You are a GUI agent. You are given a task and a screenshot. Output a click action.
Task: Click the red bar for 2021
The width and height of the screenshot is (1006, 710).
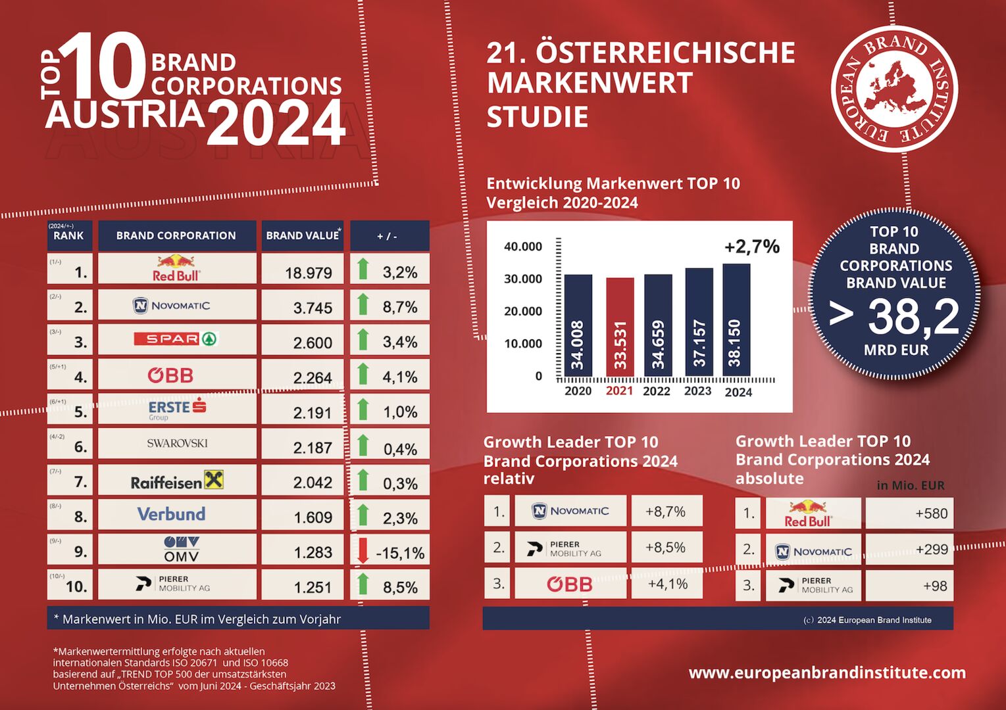620,327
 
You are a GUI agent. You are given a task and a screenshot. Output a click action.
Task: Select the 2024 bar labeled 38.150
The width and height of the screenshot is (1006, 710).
736,320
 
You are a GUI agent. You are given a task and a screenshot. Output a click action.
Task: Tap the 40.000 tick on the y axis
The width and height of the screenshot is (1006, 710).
523,247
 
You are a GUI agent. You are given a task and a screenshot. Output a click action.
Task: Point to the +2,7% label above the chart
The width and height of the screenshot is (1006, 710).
751,247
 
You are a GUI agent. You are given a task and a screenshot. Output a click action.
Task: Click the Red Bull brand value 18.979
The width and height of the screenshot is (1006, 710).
308,273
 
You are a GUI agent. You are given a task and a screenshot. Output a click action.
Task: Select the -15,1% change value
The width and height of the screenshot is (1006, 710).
400,553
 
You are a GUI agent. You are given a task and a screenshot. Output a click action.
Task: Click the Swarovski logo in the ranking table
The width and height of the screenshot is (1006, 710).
177,443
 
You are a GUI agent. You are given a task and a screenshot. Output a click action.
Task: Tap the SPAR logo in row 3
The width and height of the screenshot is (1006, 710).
176,339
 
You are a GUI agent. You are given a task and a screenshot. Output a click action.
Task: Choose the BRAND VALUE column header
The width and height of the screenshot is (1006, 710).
303,235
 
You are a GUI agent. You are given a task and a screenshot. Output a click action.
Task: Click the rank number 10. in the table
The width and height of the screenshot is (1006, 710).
76,586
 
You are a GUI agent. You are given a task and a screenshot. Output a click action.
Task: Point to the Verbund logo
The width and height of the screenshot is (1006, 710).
171,514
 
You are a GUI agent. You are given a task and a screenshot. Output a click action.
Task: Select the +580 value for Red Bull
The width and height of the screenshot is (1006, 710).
931,513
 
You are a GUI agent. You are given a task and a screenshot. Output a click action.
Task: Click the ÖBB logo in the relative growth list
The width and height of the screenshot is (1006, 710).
570,584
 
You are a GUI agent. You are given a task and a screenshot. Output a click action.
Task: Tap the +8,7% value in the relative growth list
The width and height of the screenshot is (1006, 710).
665,511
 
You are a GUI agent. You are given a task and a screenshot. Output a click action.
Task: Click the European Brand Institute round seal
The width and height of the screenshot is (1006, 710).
893,89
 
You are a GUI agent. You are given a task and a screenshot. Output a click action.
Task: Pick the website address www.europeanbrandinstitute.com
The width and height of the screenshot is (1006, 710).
827,673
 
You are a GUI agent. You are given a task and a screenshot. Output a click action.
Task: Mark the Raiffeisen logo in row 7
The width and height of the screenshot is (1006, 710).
177,482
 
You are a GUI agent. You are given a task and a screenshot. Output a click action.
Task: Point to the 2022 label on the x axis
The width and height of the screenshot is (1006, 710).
656,391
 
